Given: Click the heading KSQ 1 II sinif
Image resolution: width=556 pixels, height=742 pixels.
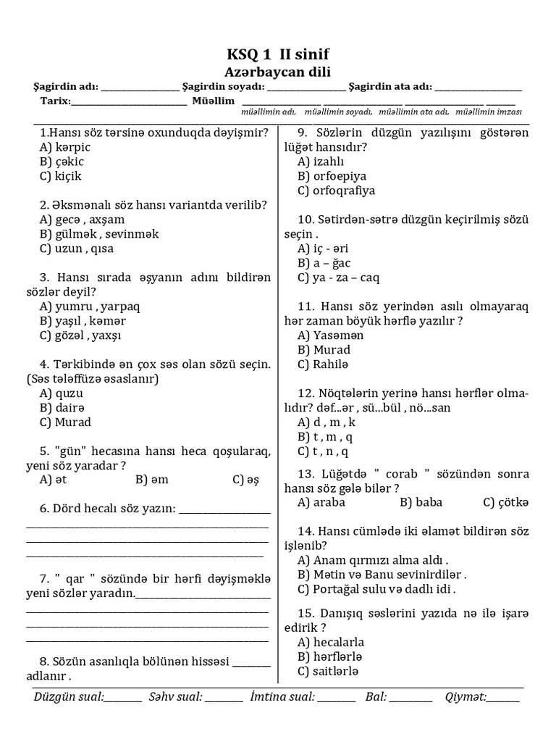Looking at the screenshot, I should [279, 55].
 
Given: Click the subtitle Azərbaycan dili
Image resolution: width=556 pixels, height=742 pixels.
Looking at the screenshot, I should [279, 72].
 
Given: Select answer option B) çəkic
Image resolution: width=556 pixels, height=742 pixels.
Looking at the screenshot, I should [62, 162].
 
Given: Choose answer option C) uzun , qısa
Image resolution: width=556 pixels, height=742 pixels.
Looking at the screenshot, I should [77, 249].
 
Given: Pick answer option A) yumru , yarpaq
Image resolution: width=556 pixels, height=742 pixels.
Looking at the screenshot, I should [90, 307].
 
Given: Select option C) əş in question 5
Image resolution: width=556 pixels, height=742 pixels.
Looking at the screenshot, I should [245, 479].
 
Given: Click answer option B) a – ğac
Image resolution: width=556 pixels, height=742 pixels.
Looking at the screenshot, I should [324, 263].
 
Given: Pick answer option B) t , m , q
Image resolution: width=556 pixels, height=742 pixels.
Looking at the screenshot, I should [325, 436].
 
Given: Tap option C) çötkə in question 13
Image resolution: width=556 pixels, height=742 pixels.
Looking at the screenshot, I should [506, 501].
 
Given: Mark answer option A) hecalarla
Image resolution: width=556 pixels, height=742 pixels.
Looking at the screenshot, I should [331, 642].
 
